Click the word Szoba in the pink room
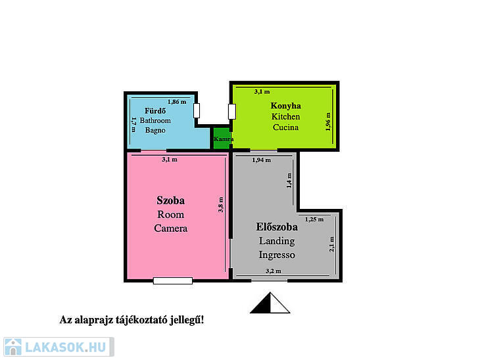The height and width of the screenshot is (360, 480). (x=170, y=200)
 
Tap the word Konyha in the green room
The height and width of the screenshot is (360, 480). (x=285, y=106)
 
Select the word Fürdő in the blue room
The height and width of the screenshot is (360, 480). (x=155, y=111)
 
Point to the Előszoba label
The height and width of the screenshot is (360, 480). (x=277, y=227)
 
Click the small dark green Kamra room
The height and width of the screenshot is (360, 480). (x=222, y=139)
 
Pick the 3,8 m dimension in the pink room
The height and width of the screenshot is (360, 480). (x=221, y=204)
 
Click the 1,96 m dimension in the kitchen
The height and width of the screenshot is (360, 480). (x=328, y=122)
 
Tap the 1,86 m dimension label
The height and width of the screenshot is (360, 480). (x=177, y=102)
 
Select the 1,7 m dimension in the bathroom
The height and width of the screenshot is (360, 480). (x=133, y=125)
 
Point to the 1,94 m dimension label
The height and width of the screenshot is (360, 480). (x=262, y=160)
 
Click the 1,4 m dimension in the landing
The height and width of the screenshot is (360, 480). (x=289, y=181)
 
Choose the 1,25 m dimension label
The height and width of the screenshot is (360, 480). (x=314, y=219)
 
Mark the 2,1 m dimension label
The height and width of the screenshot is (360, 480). (x=331, y=244)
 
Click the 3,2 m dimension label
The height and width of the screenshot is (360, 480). (x=274, y=271)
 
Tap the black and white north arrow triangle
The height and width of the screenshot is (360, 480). (x=270, y=303)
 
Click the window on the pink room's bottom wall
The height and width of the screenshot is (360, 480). (x=173, y=281)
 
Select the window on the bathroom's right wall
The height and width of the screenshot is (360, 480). (x=197, y=110)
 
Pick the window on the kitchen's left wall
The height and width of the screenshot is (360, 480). (x=232, y=111)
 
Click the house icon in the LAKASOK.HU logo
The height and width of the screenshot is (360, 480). (x=13, y=347)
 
